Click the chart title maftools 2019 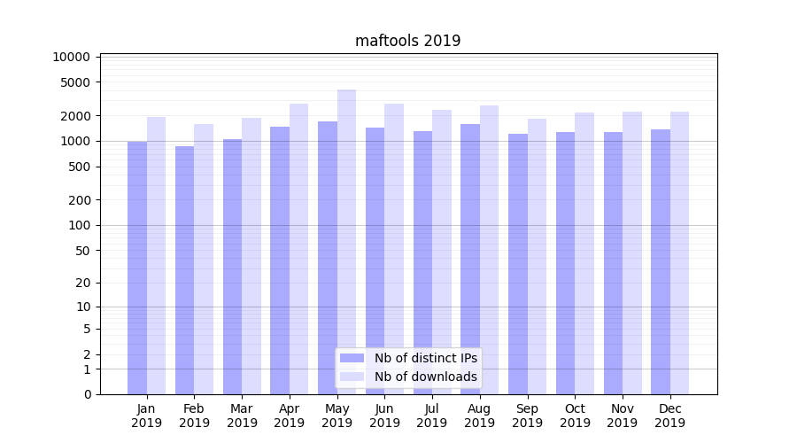pos(407,41)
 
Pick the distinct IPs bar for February pos(184,270)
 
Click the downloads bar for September pos(537,256)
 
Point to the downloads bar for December pos(679,253)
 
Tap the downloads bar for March pos(251,256)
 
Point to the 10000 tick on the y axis pos(72,57)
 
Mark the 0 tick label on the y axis pos(87,394)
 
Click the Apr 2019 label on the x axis pos(290,416)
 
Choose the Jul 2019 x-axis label pos(432,416)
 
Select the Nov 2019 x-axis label pos(623,416)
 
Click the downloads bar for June pos(394,249)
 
